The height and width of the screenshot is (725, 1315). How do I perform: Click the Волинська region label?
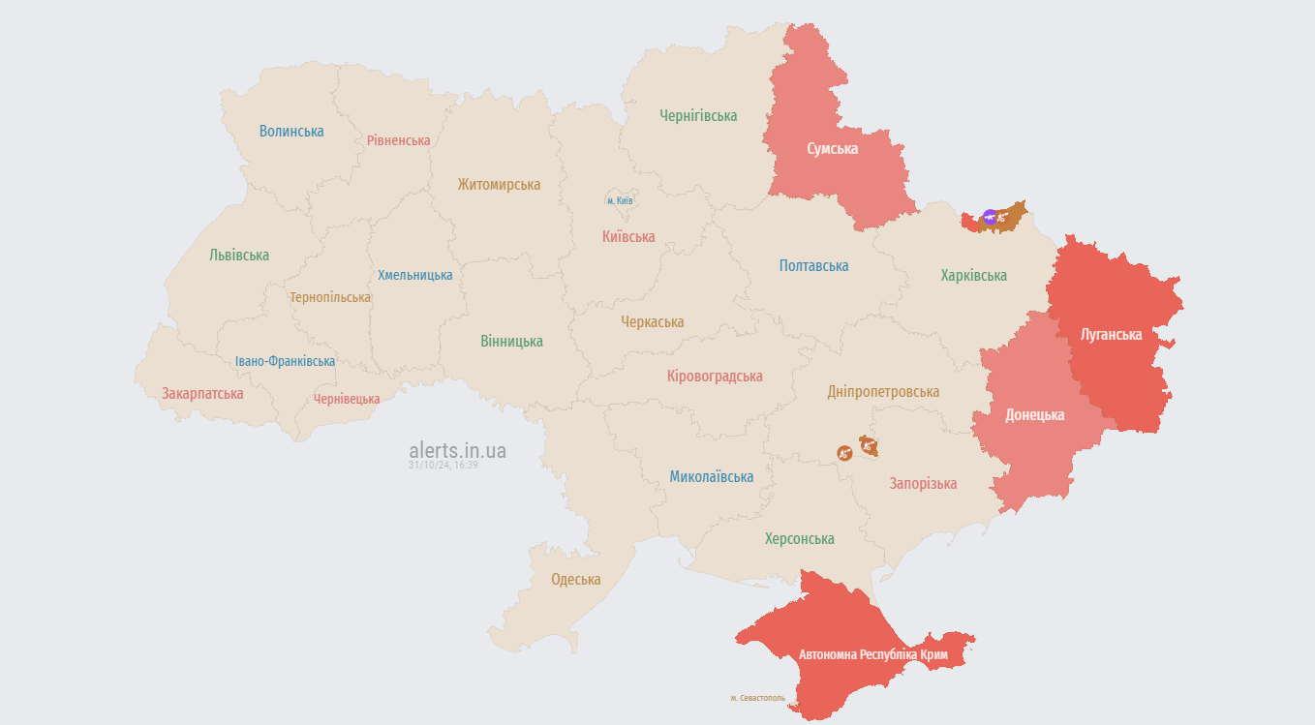tap(291, 131)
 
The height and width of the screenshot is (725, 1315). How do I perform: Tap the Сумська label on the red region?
tap(833, 148)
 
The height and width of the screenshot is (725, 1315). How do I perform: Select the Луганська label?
tap(1111, 334)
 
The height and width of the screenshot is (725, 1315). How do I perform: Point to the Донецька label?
tap(1034, 414)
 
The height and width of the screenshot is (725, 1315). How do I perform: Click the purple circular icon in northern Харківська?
tap(989, 218)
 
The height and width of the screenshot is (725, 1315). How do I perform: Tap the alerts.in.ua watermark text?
tap(457, 450)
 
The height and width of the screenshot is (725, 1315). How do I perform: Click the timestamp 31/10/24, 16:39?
tap(443, 466)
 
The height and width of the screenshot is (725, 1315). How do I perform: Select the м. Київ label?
tap(620, 200)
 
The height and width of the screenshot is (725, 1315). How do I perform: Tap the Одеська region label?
tap(575, 579)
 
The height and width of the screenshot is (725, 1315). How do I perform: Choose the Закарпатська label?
tap(202, 393)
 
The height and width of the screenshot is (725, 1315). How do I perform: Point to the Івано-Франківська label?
tap(285, 361)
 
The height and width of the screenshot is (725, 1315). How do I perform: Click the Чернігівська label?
tap(698, 115)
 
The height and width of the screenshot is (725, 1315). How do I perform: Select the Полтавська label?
tap(813, 265)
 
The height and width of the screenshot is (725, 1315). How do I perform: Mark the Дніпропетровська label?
tap(883, 391)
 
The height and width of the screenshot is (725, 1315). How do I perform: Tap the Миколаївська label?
tap(711, 476)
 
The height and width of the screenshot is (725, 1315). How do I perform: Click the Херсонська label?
tap(799, 538)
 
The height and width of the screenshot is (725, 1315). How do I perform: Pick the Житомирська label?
tap(499, 184)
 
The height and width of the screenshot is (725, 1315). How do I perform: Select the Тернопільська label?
tap(329, 297)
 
